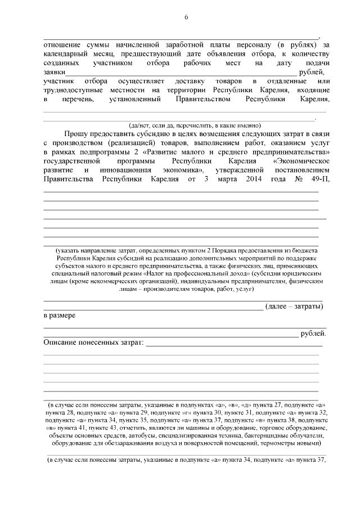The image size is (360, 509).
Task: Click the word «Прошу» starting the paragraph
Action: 75,136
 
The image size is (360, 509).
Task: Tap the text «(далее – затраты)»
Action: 294,307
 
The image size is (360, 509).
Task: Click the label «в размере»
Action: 60,316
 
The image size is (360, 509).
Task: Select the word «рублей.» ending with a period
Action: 313,334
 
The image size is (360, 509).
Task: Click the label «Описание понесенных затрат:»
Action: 94,343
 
